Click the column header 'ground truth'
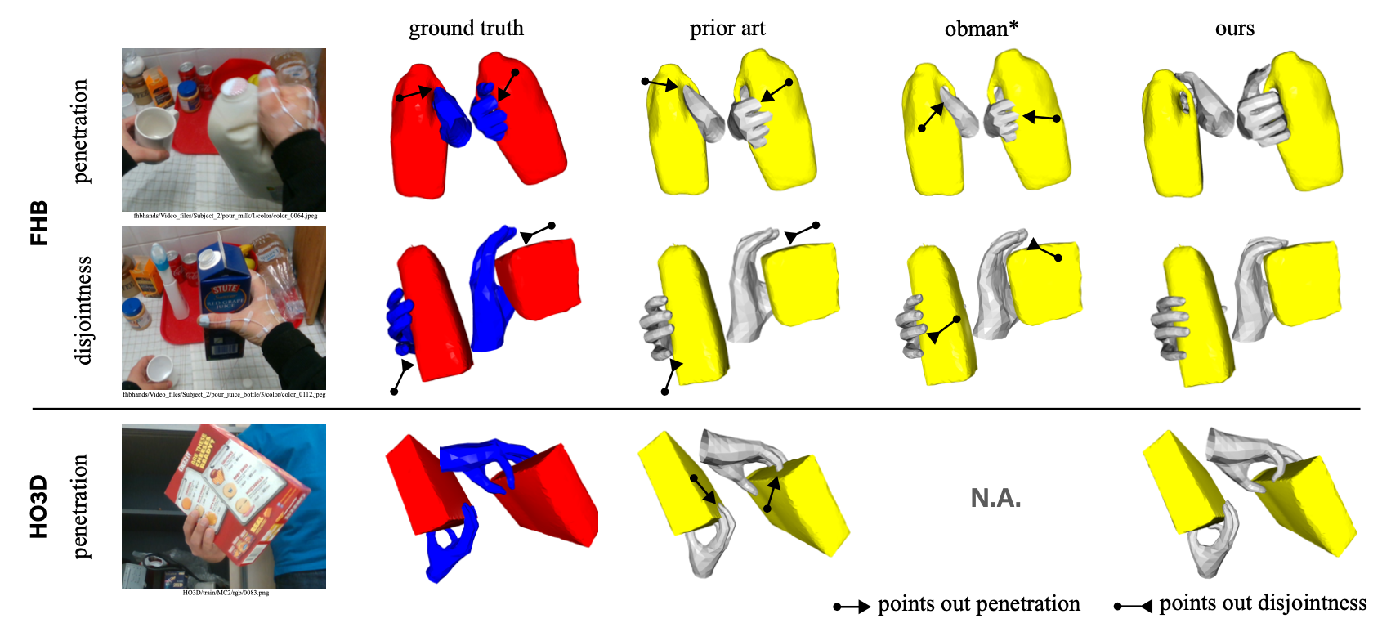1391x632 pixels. (466, 29)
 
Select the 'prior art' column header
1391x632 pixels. (727, 29)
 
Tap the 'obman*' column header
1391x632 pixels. (981, 29)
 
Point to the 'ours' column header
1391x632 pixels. (1234, 29)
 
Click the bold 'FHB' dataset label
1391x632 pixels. (38, 222)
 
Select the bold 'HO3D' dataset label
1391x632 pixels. (38, 507)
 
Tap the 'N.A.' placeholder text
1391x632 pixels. (995, 498)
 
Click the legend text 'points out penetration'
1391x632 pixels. (978, 604)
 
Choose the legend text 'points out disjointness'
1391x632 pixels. (1263, 603)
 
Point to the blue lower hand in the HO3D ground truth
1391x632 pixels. (450, 544)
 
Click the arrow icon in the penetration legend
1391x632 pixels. (852, 607)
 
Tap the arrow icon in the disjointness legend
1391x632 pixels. (1134, 606)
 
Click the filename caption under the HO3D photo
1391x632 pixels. (225, 593)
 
